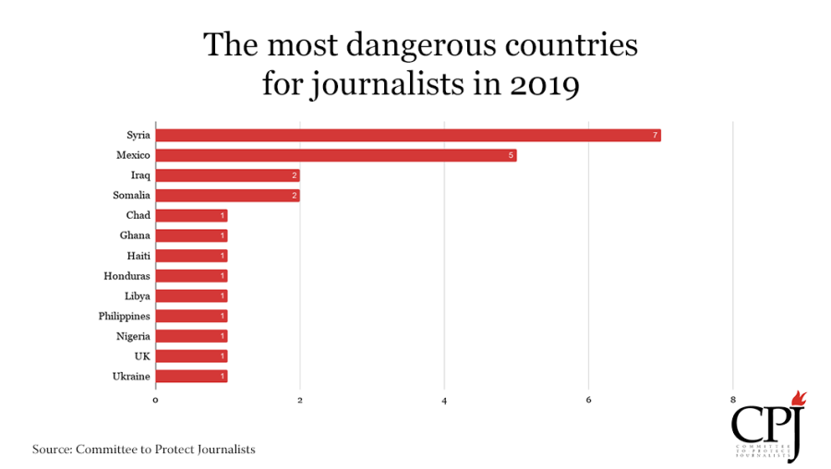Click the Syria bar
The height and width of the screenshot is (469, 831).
[408, 135]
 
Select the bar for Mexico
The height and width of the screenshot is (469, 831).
[336, 155]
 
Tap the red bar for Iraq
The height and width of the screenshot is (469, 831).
[228, 175]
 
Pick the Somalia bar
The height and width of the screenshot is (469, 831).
[228, 196]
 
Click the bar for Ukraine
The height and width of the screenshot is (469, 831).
[192, 377]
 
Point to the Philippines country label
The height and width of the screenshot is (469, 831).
[124, 317]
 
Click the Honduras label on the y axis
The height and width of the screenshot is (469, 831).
[126, 276]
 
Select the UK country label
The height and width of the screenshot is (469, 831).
[142, 356]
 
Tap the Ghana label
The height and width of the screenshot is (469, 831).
[135, 235]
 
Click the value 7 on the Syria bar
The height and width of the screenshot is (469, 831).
[655, 135]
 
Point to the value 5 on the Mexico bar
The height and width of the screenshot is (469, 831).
[511, 155]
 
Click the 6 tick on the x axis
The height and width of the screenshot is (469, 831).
[588, 400]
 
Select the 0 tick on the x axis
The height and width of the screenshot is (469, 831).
[155, 400]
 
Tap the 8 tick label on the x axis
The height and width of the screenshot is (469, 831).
[733, 400]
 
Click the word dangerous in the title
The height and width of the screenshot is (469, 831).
[421, 44]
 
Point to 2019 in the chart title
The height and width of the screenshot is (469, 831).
[545, 84]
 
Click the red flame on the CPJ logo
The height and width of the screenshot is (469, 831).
[799, 399]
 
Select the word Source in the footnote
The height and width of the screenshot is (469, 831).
[52, 450]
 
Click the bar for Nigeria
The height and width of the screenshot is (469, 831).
[192, 336]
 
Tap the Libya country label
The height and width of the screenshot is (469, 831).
[138, 296]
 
